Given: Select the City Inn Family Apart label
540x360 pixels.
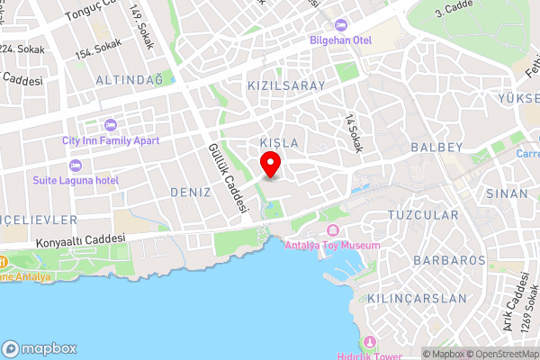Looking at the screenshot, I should pos(111,140).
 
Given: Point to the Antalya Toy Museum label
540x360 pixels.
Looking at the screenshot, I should pos(333,245).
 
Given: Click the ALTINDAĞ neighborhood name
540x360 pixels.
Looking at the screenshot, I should pos(129,80).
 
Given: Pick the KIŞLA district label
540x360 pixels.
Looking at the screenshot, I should pos(278,143).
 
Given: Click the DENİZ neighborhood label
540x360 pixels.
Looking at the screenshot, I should pos(190,193).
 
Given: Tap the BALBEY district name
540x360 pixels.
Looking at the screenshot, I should pos(436,147).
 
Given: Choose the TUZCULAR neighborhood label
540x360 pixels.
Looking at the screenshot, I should pos(422,215).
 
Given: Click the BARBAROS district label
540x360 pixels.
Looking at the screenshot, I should pos(449,260).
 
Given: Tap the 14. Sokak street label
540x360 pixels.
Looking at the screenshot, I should pos(353,132).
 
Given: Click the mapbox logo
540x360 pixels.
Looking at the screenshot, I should pos(40,348).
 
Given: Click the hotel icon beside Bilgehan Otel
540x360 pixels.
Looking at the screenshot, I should pos(339,25).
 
